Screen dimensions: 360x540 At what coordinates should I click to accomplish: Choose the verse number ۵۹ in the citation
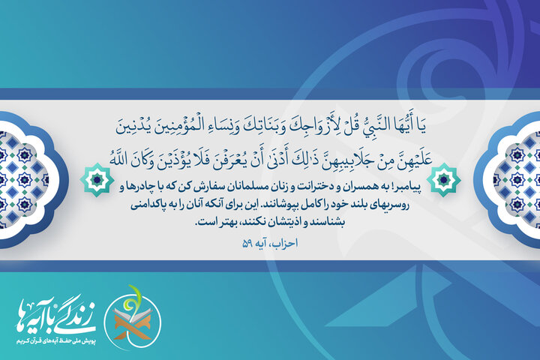click(x=249, y=244)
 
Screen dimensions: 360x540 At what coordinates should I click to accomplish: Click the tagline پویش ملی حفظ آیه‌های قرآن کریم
click(x=51, y=340)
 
